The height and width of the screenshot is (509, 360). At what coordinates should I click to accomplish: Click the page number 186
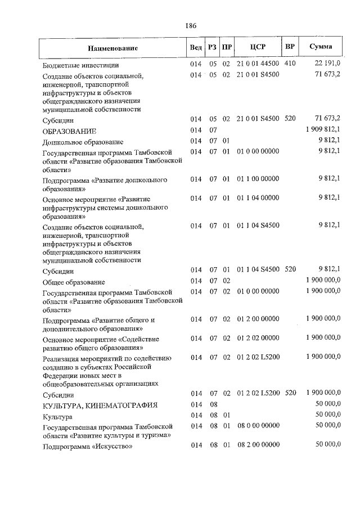[190, 25]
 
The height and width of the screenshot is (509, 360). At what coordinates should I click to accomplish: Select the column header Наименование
[112, 48]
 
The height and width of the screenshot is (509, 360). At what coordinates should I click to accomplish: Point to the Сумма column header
[321, 47]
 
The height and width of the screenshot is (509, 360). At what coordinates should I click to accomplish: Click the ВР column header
[290, 47]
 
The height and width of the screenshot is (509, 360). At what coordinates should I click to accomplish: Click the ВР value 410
[290, 65]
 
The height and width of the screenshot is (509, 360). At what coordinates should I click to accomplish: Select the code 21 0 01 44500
[258, 65]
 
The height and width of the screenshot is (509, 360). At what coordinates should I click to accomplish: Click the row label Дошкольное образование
[83, 142]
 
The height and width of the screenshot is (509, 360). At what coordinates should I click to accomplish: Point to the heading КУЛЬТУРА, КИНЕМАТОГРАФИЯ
[92, 405]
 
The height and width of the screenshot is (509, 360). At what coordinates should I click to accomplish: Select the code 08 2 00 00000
[258, 445]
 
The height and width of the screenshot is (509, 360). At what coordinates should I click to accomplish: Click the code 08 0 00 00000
[258, 426]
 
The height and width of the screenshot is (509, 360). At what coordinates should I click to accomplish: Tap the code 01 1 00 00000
[258, 179]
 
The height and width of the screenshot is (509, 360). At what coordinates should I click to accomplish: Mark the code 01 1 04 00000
[258, 199]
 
